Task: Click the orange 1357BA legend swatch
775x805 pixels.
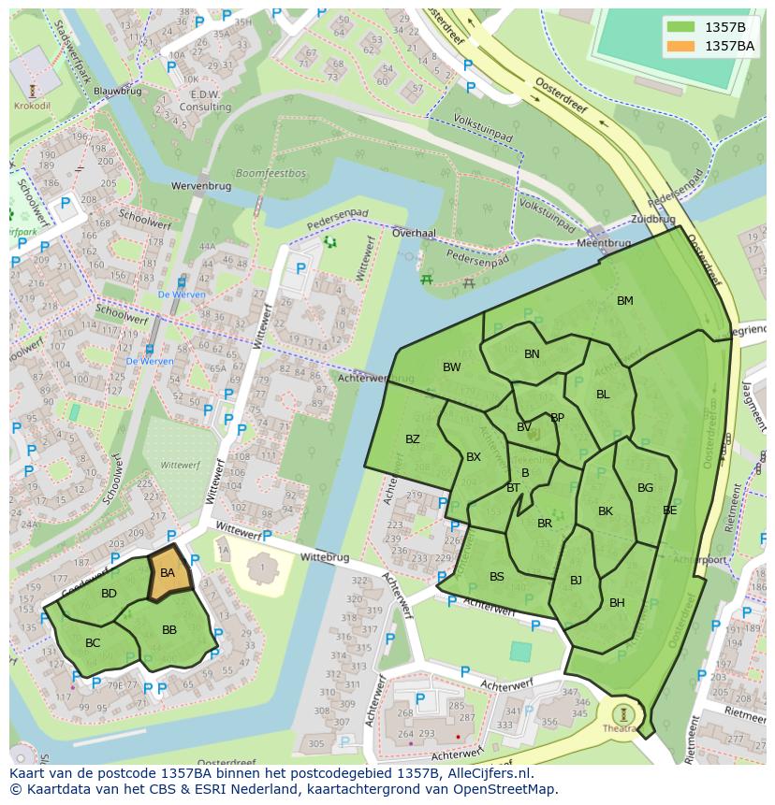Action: point(681,46)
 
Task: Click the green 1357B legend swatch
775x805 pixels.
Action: point(681,27)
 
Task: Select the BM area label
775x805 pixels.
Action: point(625,301)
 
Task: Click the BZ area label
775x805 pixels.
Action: point(413,439)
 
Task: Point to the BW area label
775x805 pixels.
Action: point(452,367)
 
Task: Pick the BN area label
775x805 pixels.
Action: point(532,354)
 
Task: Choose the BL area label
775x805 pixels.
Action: point(603,395)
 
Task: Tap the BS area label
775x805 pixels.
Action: point(497,577)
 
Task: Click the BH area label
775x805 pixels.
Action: point(617,603)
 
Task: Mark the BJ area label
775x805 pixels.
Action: point(576,581)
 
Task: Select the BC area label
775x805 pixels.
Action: point(93,643)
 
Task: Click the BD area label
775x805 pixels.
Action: point(110,594)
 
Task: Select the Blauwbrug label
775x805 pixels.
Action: point(117,91)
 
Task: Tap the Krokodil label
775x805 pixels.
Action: point(32,106)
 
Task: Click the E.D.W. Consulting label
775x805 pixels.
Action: point(205,101)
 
